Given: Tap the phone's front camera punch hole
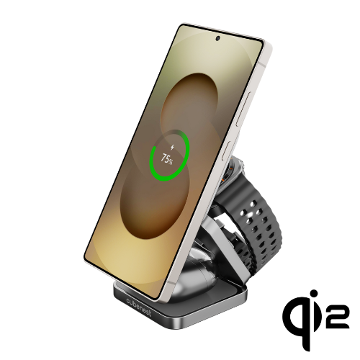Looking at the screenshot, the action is (x=217, y=38).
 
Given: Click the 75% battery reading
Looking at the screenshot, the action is (x=166, y=158).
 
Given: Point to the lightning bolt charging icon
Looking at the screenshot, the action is (x=172, y=147).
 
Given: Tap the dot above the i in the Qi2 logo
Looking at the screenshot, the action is (x=313, y=294).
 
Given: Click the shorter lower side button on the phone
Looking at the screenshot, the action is (x=227, y=151).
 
